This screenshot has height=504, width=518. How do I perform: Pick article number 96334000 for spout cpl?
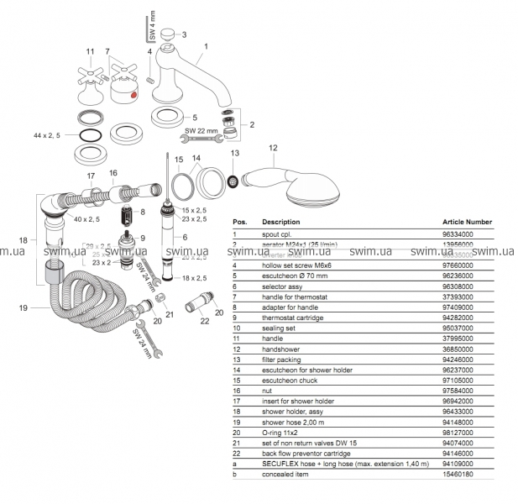point(458,235)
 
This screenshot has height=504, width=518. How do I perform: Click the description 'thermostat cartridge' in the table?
point(293,318)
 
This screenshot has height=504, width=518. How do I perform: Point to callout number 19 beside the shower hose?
point(26,308)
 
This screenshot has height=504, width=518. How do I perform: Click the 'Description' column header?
point(280,223)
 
